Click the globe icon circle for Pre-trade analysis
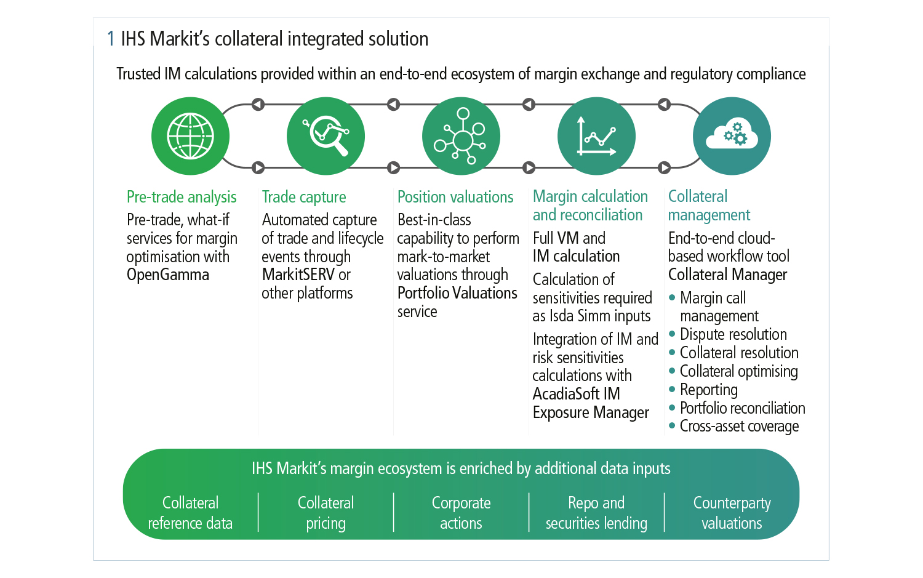(190, 136)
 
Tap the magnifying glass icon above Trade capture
(326, 136)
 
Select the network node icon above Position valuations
(461, 136)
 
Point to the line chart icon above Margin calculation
(596, 136)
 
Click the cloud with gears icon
(732, 136)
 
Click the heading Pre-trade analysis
(182, 197)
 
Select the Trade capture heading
(304, 197)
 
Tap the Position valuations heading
(455, 197)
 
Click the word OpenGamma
(168, 275)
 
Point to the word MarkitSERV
(298, 275)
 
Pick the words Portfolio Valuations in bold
(457, 293)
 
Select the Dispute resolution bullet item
(733, 334)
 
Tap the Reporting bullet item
(708, 390)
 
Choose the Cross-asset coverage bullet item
(739, 426)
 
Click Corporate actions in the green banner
(461, 513)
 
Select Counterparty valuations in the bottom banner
(732, 513)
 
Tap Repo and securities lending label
(596, 513)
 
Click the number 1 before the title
(111, 39)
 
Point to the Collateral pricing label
(326, 513)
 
